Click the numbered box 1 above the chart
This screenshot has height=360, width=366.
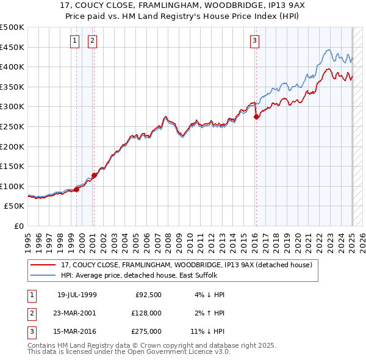(x=74, y=41)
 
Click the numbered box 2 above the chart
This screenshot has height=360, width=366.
(x=92, y=41)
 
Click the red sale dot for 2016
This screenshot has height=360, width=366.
(x=256, y=117)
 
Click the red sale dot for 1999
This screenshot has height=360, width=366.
(x=76, y=189)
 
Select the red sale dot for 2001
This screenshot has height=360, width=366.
(x=95, y=175)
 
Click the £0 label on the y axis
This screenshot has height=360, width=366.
(x=19, y=226)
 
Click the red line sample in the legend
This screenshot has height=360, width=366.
(x=43, y=265)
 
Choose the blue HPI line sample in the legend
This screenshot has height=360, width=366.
(x=43, y=275)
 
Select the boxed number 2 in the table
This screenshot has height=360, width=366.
(x=30, y=313)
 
